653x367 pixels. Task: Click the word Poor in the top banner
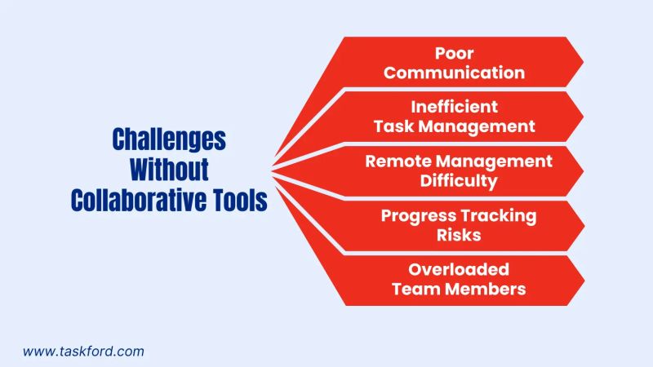(x=455, y=54)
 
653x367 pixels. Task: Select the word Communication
(x=455, y=73)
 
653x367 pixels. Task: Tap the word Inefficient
(x=455, y=107)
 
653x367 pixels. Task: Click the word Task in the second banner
(x=394, y=126)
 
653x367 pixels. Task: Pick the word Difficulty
(x=459, y=180)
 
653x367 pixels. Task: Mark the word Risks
(x=458, y=234)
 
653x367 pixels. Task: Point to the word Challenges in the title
(x=169, y=139)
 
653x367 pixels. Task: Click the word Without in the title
(x=170, y=170)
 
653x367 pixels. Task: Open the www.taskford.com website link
(x=83, y=352)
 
